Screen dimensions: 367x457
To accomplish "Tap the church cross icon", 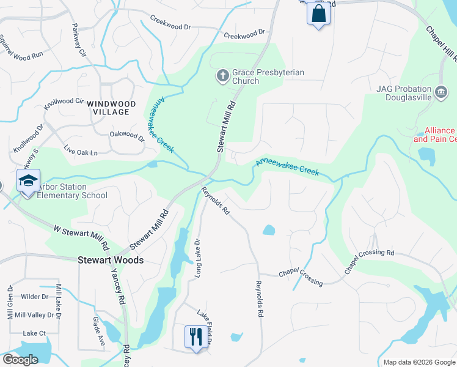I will (223, 76).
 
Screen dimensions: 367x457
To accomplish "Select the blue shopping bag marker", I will (318, 13).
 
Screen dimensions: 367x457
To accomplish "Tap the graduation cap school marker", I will (27, 181).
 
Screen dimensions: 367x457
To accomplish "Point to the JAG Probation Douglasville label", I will (404, 94).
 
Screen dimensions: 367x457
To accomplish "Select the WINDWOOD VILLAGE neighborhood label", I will (108, 108).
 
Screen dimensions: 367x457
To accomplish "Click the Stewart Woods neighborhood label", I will (111, 260).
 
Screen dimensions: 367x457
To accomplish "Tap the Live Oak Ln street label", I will (81, 150).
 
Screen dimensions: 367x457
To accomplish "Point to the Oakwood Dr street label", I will (126, 136).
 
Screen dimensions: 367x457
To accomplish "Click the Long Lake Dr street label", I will (197, 259).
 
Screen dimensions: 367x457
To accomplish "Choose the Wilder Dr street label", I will (35, 297).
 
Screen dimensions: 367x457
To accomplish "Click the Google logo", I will (20, 360).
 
